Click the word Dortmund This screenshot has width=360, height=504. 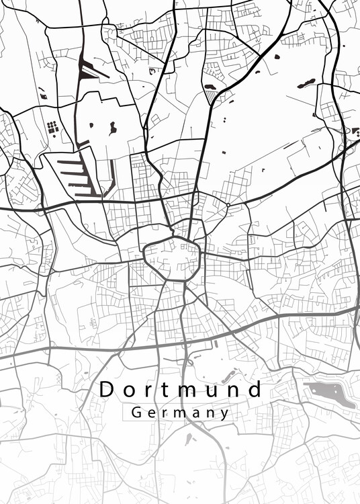click(181, 389)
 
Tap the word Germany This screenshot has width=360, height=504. click(181, 413)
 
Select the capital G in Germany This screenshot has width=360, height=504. click(136, 413)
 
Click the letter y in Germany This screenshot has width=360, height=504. click(225, 414)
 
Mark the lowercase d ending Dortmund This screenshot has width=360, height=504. click(254, 389)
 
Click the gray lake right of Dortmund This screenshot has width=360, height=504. click(326, 392)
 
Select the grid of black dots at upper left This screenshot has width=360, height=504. click(52, 126)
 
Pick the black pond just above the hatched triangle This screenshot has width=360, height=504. click(209, 87)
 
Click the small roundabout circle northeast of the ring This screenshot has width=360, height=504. click(228, 204)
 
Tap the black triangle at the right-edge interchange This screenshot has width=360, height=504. click(346, 131)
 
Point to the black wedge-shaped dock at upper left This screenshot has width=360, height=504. click(85, 69)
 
